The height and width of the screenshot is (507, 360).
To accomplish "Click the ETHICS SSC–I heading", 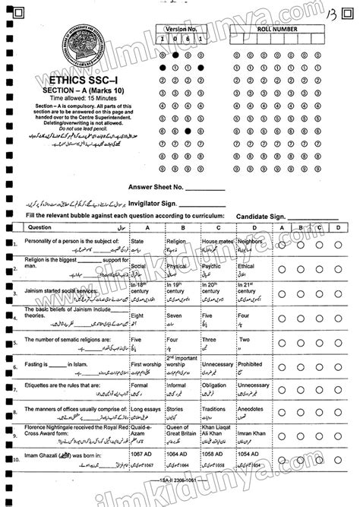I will tap(75, 78).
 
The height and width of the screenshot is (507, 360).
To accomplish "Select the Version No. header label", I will tap(176, 25).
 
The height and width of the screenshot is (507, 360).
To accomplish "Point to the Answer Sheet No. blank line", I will tap(205, 186).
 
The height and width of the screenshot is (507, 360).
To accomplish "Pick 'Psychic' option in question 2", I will tap(212, 266).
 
